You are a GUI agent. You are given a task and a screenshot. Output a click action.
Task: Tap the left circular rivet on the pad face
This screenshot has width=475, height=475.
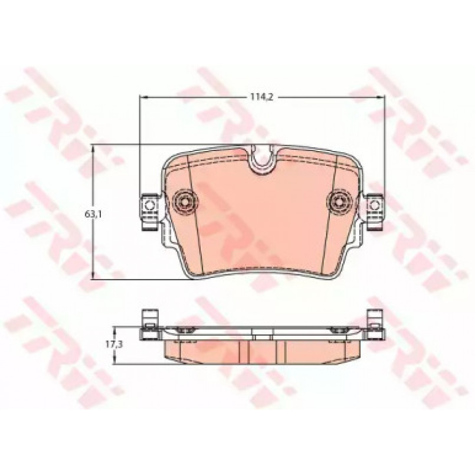coord(184,200)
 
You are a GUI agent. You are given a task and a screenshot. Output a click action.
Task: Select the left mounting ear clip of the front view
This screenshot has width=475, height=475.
coord(149,211)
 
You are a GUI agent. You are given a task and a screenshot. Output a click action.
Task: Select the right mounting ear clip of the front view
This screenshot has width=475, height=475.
coord(375,211)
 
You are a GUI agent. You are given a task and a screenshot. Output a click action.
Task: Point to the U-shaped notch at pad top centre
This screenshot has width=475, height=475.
coord(263,159)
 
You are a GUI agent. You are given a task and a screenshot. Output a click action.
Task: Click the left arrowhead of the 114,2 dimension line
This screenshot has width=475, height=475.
coord(143,97)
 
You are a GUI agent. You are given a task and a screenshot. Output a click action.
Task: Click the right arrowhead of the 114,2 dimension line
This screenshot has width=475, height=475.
coord(381,97)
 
